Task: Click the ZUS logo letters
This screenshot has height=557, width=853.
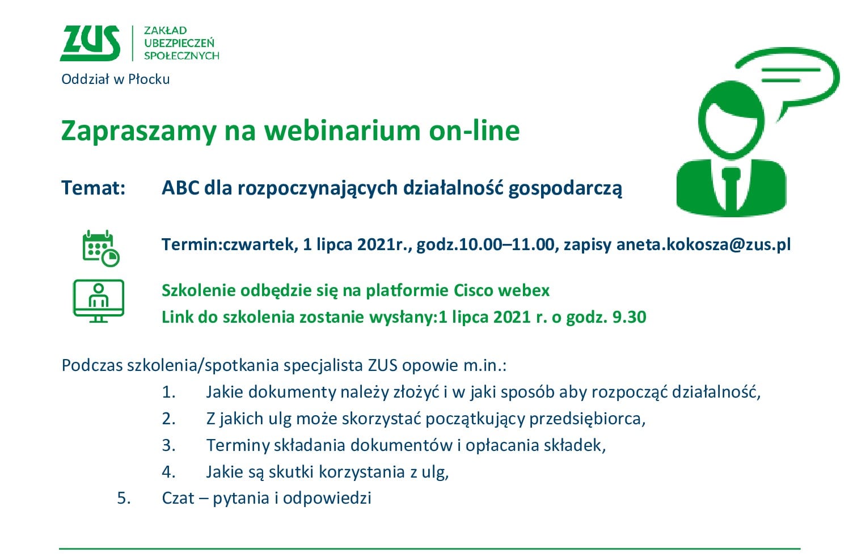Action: [90, 43]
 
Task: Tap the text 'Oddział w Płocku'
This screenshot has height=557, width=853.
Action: [115, 79]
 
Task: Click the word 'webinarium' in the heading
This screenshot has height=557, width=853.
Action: [343, 130]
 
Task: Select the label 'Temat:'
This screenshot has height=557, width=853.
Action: [93, 188]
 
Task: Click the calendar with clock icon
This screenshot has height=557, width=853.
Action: [101, 248]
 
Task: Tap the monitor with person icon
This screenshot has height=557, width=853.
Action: [99, 301]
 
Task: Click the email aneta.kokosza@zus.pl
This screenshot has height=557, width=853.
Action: [704, 244]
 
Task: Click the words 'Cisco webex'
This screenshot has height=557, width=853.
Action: [501, 290]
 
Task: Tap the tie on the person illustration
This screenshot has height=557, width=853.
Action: [731, 188]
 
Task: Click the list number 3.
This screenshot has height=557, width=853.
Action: [168, 445]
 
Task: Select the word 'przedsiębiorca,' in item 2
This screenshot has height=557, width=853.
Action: [588, 419]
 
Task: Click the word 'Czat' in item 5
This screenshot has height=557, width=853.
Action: [178, 498]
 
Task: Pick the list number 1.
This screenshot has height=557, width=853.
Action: [168, 392]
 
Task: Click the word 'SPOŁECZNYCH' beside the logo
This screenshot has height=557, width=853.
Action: [181, 56]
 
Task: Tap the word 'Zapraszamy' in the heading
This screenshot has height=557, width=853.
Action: [138, 132]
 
